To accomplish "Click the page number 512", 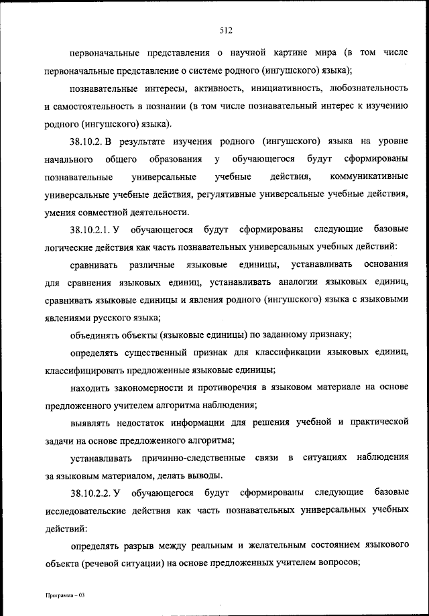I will [x=225, y=29].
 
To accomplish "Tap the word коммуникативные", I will [x=370, y=176].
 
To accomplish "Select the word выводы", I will [x=202, y=476].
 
